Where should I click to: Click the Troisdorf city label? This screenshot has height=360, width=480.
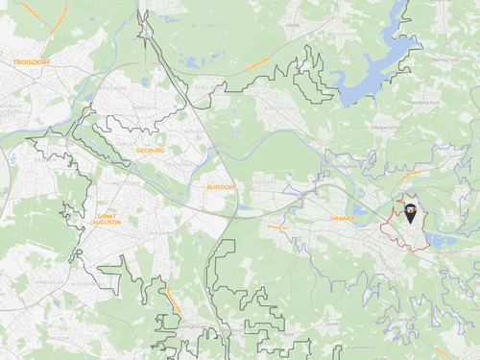[x=33, y=60]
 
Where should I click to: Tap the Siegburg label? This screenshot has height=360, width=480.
[x=151, y=151]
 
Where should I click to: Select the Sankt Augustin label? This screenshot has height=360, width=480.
[x=114, y=220]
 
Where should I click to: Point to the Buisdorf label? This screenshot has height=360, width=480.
[x=221, y=186]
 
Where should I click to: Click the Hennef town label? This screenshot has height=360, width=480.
[x=343, y=218]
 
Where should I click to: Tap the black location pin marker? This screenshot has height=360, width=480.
[x=411, y=213]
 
